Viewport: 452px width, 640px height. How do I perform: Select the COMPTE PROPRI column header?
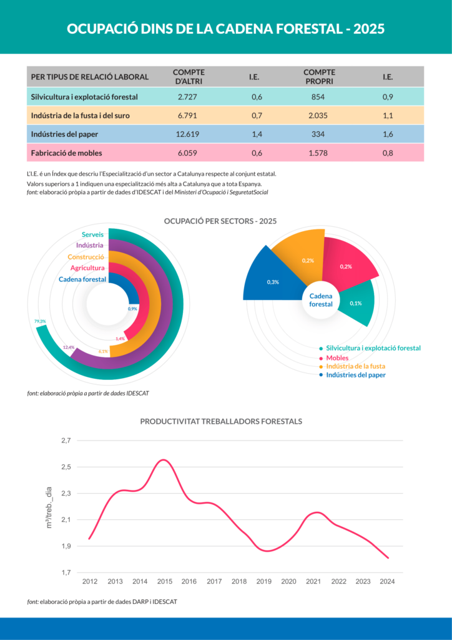click(x=319, y=77)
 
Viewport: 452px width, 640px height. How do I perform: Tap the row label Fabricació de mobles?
click(x=67, y=152)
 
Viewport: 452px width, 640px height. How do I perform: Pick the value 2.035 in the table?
click(x=318, y=116)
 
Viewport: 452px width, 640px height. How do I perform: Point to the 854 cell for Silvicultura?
click(x=318, y=97)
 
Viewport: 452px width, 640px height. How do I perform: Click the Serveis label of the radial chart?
click(x=93, y=234)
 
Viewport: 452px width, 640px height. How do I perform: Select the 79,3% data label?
click(x=41, y=321)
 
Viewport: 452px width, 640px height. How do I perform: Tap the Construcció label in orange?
click(x=86, y=257)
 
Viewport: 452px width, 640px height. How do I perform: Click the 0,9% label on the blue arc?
click(x=132, y=309)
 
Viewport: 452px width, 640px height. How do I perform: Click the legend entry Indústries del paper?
click(x=356, y=375)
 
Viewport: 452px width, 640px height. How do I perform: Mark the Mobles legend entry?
click(x=337, y=357)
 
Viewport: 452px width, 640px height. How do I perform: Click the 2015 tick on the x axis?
click(x=165, y=582)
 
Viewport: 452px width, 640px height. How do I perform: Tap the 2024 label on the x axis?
click(x=387, y=582)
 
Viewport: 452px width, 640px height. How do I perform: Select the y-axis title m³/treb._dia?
click(x=49, y=507)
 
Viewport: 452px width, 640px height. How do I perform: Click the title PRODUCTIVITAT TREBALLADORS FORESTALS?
click(x=221, y=421)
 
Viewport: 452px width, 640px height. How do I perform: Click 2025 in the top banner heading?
click(x=368, y=29)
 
